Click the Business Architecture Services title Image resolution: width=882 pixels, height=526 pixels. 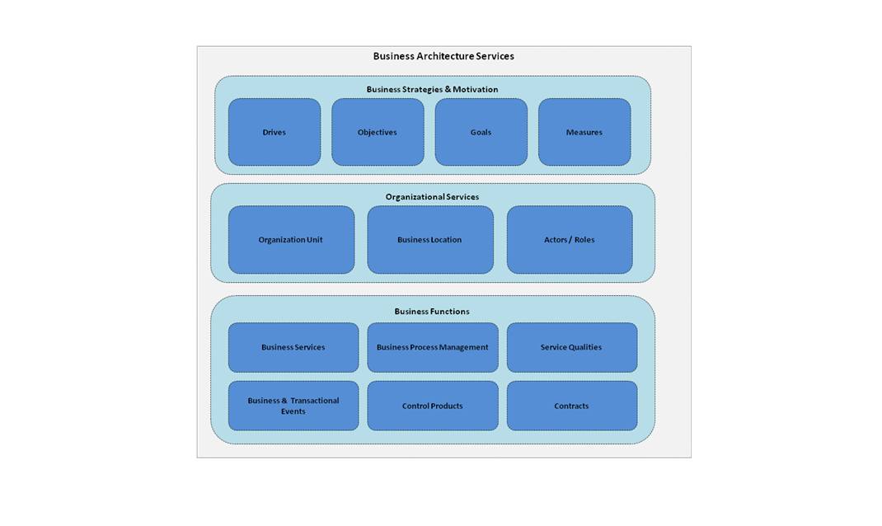click(443, 56)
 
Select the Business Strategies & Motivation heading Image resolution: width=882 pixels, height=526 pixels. click(432, 89)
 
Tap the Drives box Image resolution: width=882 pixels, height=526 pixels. click(274, 133)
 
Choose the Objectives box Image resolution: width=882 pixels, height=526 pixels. click(378, 133)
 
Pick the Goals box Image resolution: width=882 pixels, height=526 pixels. click(481, 133)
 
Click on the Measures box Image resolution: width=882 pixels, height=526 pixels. click(584, 133)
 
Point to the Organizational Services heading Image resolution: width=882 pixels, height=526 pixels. click(432, 197)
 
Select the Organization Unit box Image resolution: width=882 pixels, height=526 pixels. click(291, 240)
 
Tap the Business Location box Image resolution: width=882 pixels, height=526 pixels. click(429, 240)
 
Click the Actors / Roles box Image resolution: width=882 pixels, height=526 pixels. click(570, 240)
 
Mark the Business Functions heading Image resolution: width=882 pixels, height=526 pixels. click(432, 312)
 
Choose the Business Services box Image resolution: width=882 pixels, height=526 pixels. click(293, 347)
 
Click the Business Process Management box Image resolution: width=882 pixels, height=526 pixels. click(433, 347)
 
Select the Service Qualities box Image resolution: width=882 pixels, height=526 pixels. click(571, 347)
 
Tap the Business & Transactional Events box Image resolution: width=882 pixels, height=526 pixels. click(293, 406)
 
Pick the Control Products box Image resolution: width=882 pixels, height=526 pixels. click(433, 406)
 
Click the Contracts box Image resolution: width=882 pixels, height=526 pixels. click(571, 406)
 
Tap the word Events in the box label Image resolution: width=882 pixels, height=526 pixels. click(293, 411)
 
